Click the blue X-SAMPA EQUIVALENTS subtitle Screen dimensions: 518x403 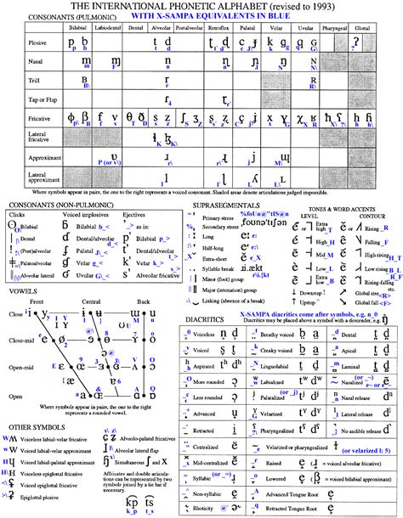[x=201, y=16]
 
